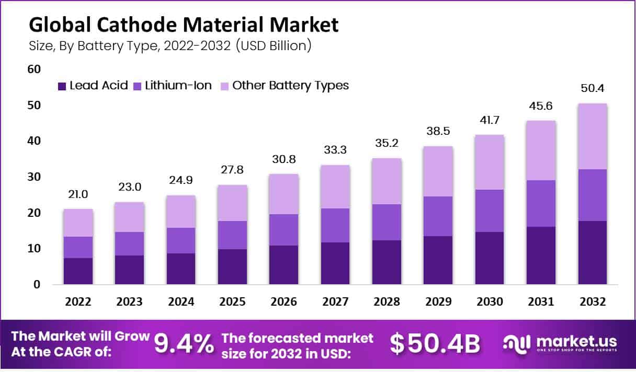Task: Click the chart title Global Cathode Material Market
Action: tap(184, 25)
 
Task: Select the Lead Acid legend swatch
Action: tap(62, 86)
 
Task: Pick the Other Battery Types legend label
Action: tap(290, 86)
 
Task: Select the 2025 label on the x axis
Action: tap(233, 302)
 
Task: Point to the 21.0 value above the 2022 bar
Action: tap(78, 194)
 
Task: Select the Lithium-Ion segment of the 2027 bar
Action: tap(335, 225)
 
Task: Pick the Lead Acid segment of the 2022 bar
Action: tap(78, 271)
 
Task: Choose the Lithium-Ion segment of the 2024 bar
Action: tap(181, 240)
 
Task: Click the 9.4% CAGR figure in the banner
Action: tap(184, 343)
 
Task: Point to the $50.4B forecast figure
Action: tap(435, 343)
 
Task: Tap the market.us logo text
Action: tap(575, 341)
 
